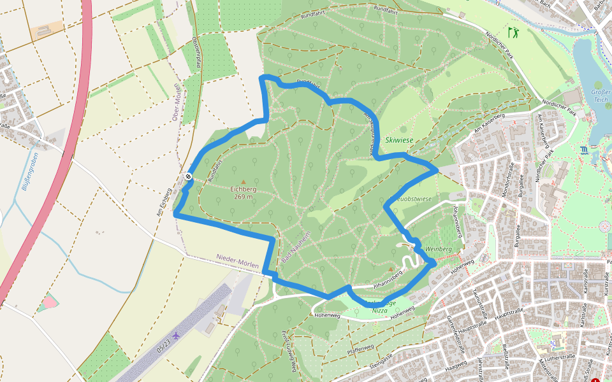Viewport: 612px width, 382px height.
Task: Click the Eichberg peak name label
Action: (x=243, y=189)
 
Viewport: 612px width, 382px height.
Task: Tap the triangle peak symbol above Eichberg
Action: (x=243, y=182)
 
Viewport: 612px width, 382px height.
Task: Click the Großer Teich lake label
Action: (x=601, y=95)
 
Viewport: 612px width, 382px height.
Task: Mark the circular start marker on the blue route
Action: (x=189, y=176)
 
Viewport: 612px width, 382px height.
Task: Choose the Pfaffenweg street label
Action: (x=360, y=349)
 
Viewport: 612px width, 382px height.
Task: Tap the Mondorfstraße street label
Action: (x=509, y=180)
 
